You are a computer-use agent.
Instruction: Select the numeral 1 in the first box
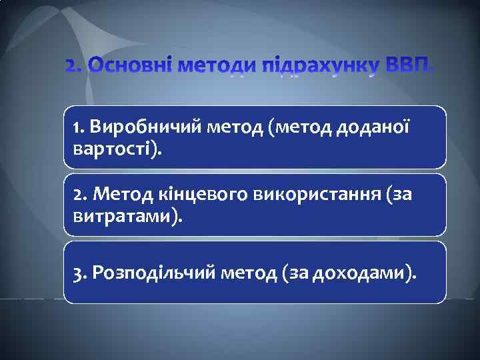point(77,126)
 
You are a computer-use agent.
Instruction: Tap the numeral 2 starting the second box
point(79,194)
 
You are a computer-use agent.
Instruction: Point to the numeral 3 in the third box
point(79,272)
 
